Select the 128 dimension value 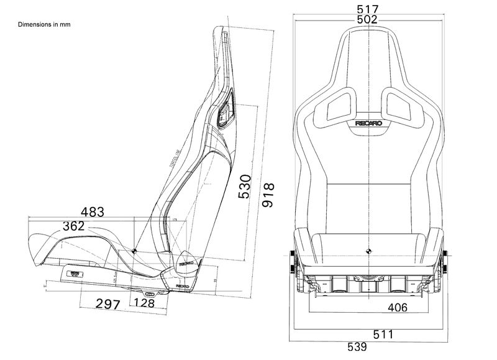coord(144,304)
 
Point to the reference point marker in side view coord(134,251)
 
